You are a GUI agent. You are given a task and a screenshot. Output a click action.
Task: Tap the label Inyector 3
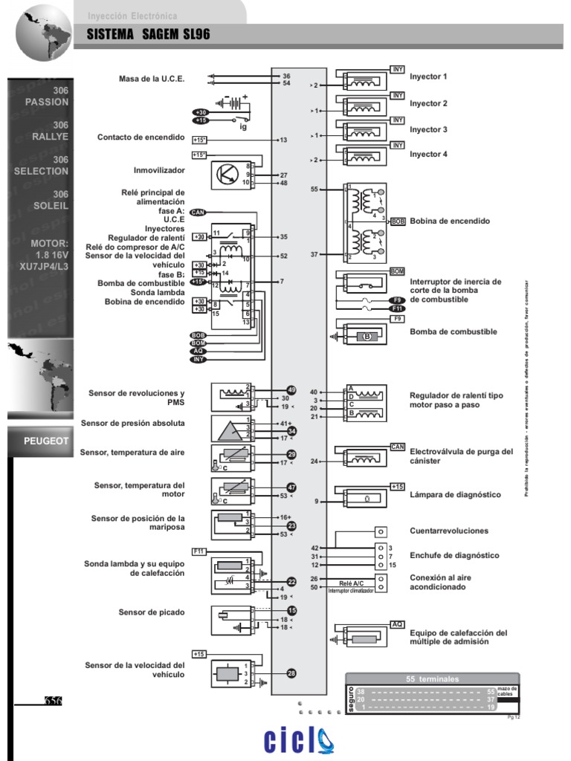click(429, 129)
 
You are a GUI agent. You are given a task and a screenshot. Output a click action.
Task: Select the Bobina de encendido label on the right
click(450, 221)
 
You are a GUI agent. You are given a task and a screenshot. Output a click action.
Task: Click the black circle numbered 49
click(291, 390)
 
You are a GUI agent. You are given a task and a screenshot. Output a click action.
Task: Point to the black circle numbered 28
click(291, 673)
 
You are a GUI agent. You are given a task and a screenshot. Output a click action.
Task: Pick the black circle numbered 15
click(291, 610)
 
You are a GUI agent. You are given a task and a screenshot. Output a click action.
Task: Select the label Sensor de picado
click(151, 612)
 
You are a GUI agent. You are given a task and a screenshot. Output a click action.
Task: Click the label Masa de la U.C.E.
click(152, 79)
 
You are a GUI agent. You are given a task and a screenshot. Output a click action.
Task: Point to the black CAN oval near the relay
click(198, 212)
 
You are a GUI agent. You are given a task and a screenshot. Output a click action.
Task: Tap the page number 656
click(53, 701)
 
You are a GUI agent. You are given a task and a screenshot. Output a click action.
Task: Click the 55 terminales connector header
click(432, 679)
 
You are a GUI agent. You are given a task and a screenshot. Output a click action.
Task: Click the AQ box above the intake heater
click(398, 625)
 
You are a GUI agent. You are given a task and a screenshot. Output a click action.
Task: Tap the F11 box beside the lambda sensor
click(199, 551)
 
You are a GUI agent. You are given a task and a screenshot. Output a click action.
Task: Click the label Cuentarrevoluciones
click(449, 531)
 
